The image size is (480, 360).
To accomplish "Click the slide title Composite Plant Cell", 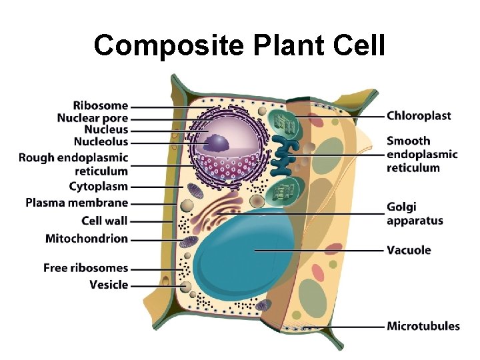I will click(239, 45).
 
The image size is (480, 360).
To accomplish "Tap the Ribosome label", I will click(101, 105).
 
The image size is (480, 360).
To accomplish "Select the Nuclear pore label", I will click(93, 118).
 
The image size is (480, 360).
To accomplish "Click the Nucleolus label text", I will click(101, 142).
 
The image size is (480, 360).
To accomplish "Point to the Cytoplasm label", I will click(98, 186).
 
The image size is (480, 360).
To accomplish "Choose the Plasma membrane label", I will click(77, 203).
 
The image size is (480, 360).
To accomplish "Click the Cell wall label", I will click(104, 221).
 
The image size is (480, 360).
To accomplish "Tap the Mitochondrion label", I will click(87, 238).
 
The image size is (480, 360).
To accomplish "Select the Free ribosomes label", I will click(85, 268).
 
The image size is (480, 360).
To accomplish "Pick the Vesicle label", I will click(109, 285).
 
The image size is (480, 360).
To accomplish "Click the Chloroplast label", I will click(419, 116).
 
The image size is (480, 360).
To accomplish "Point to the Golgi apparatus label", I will click(415, 214).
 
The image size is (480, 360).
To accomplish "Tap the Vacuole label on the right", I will click(409, 251).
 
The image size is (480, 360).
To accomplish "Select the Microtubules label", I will click(423, 327).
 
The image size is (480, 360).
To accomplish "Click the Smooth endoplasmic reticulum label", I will click(422, 154).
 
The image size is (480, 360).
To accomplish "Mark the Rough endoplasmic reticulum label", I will click(73, 164).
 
